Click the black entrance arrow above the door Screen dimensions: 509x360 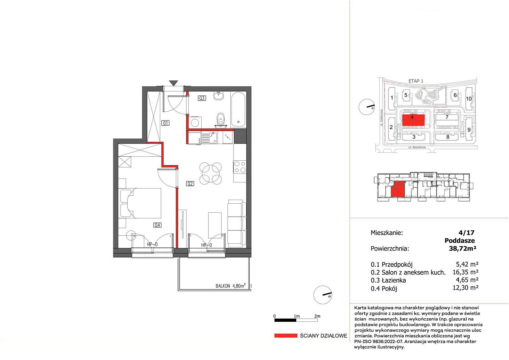[x=174, y=83]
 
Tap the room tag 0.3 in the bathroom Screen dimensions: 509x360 [x=202, y=98]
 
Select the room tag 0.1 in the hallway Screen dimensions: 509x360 [x=165, y=123]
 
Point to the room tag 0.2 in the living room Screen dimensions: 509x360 [x=190, y=183]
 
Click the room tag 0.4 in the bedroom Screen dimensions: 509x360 [x=157, y=225]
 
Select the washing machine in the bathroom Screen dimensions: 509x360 [x=195, y=123]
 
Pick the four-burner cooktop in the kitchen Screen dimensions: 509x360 [x=240, y=167]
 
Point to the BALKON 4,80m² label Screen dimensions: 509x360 [x=230, y=286]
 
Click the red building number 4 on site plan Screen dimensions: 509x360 [x=412, y=117]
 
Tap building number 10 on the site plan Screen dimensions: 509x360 [x=469, y=99]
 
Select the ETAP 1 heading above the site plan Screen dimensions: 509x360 [x=416, y=81]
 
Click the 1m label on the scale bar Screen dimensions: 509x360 [x=297, y=316]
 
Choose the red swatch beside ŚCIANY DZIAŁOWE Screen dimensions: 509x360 [x=286, y=335]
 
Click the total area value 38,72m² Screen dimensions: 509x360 [x=462, y=248]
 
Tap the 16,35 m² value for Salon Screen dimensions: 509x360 [x=466, y=272]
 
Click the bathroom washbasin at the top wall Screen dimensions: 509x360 [x=219, y=96]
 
